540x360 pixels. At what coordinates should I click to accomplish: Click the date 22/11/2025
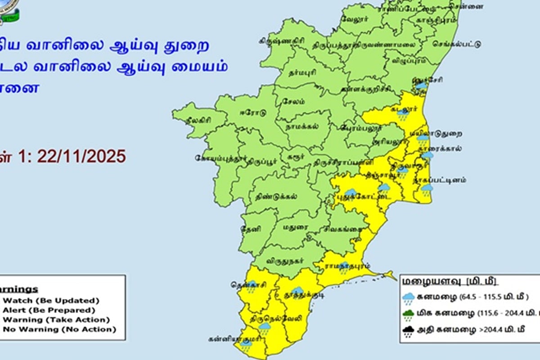81,156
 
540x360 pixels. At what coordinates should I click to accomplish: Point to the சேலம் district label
288,102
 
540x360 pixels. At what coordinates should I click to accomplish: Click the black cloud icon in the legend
409,332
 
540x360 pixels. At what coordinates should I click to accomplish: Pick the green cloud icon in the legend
409,314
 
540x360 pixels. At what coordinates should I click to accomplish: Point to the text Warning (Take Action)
56,319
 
